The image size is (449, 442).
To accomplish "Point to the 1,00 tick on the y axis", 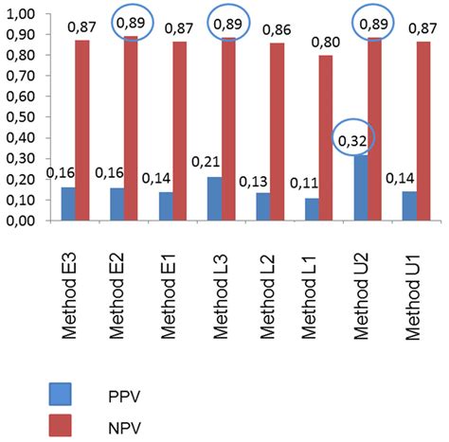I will [x=22, y=14].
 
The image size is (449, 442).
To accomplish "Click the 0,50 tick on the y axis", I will [x=22, y=117].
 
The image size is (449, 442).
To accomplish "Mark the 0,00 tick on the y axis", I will [x=22, y=221].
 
